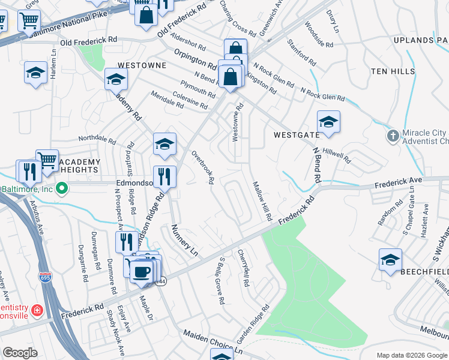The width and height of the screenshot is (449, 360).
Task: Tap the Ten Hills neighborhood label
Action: [x=393, y=71]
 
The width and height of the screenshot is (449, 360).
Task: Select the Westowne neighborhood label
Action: [x=141, y=64]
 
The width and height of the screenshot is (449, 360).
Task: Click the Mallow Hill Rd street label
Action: [x=263, y=200]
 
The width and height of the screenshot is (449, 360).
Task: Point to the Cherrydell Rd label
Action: [x=244, y=267]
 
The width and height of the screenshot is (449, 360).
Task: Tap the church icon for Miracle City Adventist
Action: [x=393, y=135]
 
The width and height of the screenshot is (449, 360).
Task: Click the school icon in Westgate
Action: [x=328, y=122]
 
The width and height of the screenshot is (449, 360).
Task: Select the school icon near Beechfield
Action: [x=390, y=259]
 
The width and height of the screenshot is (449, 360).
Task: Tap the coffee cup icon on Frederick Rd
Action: [x=141, y=272]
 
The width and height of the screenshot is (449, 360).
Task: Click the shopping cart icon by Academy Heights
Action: [x=47, y=160]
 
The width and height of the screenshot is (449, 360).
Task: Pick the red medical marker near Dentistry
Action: [x=37, y=310]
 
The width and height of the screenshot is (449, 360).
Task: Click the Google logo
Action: [x=20, y=353]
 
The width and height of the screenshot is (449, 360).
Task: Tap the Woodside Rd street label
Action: [x=318, y=35]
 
